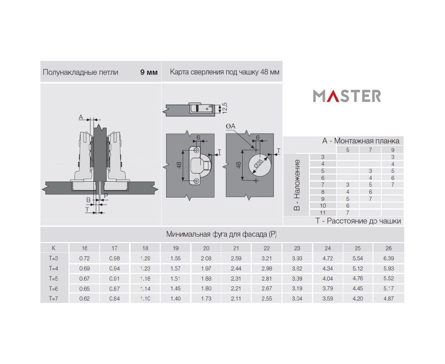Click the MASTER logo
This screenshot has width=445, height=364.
point(347,96)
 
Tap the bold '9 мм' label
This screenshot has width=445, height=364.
point(149,72)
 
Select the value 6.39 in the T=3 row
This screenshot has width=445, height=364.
point(389,258)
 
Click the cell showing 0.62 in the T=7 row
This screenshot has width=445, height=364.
point(84,298)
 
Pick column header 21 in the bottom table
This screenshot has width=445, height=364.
point(236,248)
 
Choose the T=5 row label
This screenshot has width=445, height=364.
point(53,278)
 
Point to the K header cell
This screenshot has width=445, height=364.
point(53,248)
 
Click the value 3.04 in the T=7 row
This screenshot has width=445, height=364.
point(297,298)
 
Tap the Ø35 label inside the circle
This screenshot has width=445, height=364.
point(258,163)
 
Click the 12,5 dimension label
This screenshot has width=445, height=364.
point(225,108)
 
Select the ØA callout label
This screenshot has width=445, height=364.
point(230,126)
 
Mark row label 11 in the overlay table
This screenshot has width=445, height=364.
point(323,213)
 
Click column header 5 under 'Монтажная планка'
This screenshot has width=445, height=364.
point(347,150)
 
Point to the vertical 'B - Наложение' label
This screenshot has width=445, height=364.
point(297,185)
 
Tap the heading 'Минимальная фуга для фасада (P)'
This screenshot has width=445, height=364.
point(221,234)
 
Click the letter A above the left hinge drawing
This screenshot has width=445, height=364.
point(81,117)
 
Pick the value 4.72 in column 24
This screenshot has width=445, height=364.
point(327,258)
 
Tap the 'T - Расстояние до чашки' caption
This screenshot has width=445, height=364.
point(358,221)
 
